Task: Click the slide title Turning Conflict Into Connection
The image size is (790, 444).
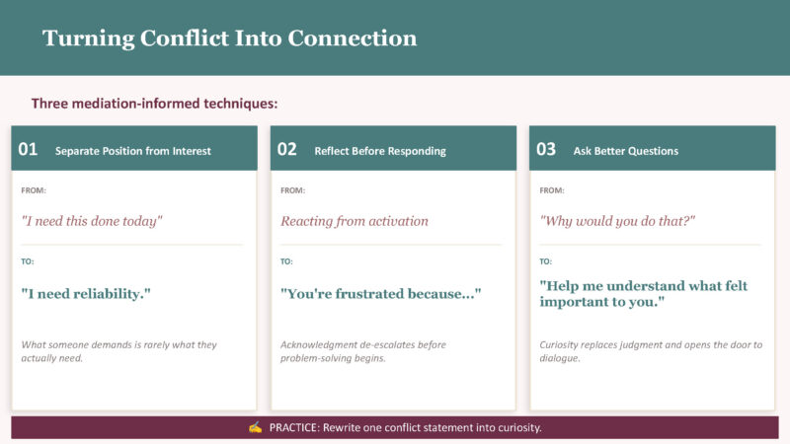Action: [230, 38]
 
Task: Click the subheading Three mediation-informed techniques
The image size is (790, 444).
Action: [154, 104]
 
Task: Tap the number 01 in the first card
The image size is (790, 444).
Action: [28, 150]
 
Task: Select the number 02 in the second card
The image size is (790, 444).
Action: [286, 150]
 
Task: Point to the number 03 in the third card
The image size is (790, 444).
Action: [546, 150]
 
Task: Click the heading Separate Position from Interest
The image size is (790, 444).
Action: [133, 151]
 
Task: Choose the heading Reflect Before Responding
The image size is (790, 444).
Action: [380, 151]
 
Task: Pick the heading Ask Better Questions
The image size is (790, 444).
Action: [626, 151]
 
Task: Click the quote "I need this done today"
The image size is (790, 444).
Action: [92, 221]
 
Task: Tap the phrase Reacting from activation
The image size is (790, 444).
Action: [355, 221]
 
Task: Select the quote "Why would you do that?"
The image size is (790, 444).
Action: [617, 221]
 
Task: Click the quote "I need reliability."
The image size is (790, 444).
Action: [86, 293]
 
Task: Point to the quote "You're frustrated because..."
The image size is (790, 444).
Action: [381, 293]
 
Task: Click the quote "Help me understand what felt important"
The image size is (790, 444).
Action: [644, 293]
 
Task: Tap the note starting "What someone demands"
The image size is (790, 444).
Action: [118, 351]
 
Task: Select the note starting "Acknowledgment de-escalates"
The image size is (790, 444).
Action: [363, 351]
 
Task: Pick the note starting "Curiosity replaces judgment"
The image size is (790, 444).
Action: [651, 351]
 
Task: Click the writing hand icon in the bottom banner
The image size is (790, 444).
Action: [255, 427]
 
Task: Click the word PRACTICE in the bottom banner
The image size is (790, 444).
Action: [294, 428]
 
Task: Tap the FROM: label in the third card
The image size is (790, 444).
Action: [552, 190]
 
